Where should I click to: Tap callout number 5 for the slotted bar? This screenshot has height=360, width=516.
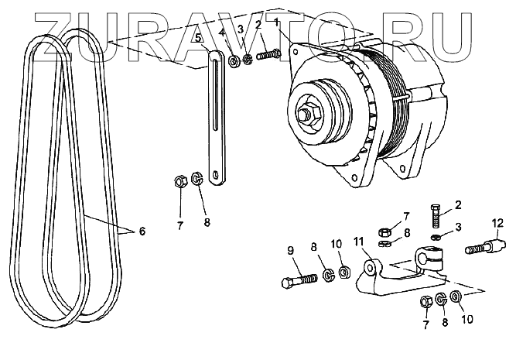point(198,37)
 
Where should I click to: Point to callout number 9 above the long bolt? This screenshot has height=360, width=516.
point(291,249)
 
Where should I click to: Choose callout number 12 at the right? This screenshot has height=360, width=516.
point(495,225)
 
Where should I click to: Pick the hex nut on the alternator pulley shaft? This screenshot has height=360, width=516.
point(307,115)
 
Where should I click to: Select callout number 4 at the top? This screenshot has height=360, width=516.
point(223,33)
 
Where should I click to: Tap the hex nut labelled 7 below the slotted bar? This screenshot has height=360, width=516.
point(177,183)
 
